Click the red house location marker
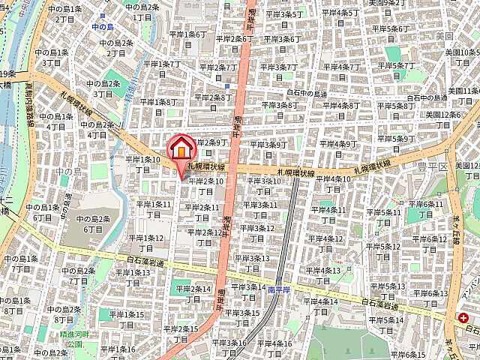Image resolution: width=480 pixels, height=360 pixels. (x=181, y=149)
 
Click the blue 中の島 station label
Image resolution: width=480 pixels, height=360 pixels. (x=103, y=26)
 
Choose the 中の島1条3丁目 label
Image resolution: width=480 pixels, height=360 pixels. (x=53, y=57)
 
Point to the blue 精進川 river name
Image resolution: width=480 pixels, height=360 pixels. (x=132, y=91)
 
